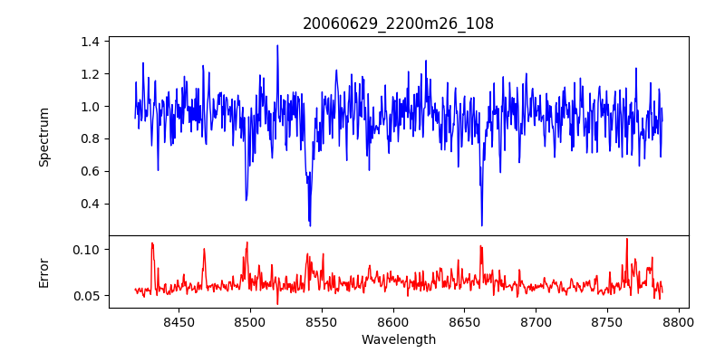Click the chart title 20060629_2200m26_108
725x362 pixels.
[399, 24]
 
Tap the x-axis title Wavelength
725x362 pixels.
[399, 340]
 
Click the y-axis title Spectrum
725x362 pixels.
[43, 136]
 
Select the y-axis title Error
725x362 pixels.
[43, 271]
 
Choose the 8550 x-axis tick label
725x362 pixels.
[321, 321]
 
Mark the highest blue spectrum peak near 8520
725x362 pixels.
[277, 45]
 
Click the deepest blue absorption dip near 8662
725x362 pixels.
[482, 225]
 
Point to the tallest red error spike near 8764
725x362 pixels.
[626, 239]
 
